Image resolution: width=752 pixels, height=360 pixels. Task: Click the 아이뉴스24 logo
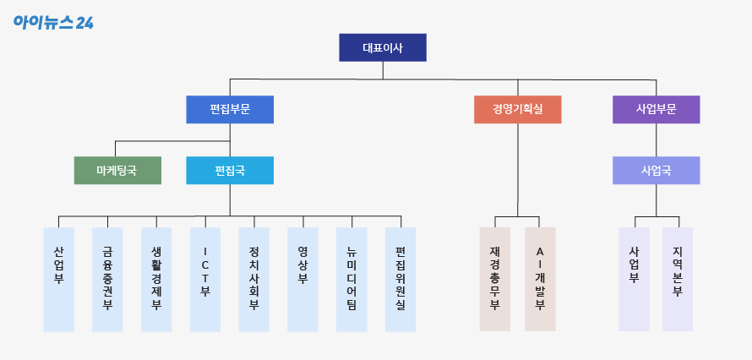click(52, 22)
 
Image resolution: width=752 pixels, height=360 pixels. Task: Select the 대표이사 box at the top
click(383, 48)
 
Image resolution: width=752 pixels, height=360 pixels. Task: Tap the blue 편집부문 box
click(230, 110)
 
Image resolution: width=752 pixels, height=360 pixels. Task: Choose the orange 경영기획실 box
click(518, 110)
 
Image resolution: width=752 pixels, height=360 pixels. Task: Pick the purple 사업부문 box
click(656, 110)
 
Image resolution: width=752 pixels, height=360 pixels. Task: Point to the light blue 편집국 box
click(230, 170)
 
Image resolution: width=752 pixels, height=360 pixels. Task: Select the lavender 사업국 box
click(656, 170)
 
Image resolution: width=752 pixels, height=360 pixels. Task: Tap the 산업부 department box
click(58, 279)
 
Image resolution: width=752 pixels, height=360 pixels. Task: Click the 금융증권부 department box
click(107, 279)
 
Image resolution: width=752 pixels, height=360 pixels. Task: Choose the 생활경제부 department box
click(156, 279)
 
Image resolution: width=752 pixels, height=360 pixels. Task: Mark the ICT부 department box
click(205, 279)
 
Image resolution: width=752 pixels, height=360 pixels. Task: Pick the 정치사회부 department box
click(253, 279)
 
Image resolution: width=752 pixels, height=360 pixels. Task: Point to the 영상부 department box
click(302, 279)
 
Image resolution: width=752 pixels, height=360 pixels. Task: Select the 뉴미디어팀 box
click(351, 279)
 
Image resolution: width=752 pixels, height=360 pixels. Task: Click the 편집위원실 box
click(401, 279)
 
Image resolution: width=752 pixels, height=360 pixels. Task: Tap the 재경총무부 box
click(495, 279)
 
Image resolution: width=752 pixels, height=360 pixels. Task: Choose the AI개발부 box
click(540, 279)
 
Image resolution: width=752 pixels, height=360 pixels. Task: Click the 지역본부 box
click(677, 279)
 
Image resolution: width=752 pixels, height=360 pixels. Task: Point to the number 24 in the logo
click(84, 23)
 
